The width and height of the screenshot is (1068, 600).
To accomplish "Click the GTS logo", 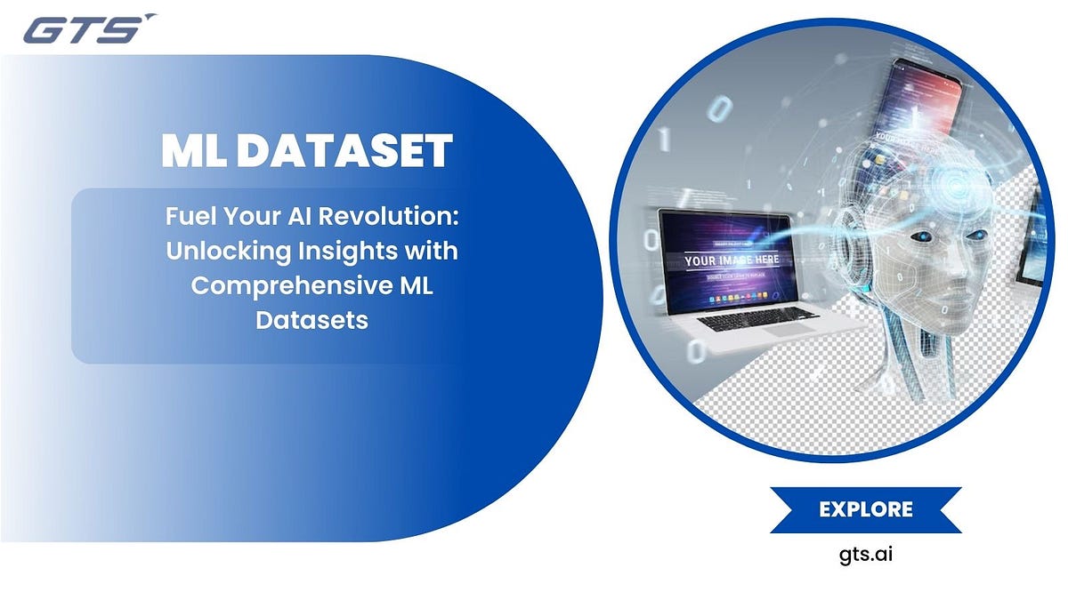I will click(x=85, y=29).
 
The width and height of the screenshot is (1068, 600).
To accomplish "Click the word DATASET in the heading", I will click(x=344, y=151).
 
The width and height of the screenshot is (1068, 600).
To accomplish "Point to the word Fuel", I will click(x=189, y=217).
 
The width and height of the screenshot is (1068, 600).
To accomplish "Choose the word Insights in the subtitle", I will click(x=339, y=252).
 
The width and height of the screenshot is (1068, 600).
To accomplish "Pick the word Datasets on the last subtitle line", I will click(x=311, y=320).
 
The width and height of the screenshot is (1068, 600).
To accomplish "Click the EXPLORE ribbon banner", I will click(x=865, y=509).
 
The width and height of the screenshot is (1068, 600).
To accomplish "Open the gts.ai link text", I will click(x=865, y=555).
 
